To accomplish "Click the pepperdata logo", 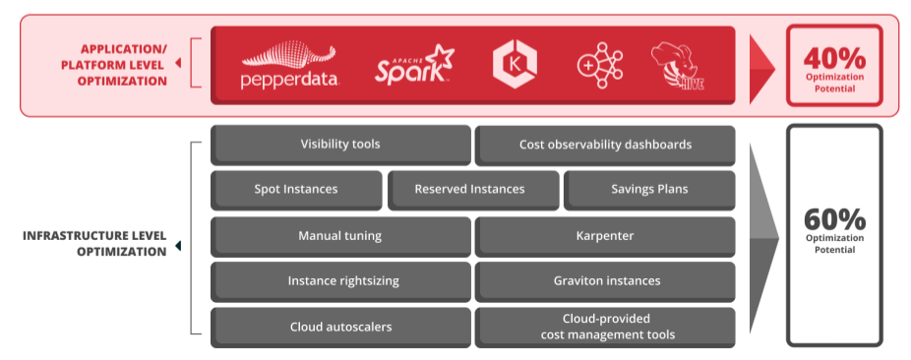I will [x=289, y=67].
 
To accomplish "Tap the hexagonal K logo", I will [x=514, y=64].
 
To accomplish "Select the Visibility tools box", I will [x=340, y=145].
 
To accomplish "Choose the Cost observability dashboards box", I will [x=605, y=145].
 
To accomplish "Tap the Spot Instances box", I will [x=296, y=190].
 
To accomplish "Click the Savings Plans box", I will [x=649, y=190].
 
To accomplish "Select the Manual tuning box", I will [x=340, y=236].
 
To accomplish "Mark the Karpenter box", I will [x=605, y=236].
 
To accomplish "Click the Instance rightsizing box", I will [x=340, y=281].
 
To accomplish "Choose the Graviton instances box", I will [x=605, y=281].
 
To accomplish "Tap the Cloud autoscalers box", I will [x=340, y=327].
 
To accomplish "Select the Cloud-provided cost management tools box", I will [x=605, y=327].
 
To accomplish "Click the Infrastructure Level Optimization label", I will [x=94, y=244].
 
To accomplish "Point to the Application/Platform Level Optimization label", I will [x=123, y=65].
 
